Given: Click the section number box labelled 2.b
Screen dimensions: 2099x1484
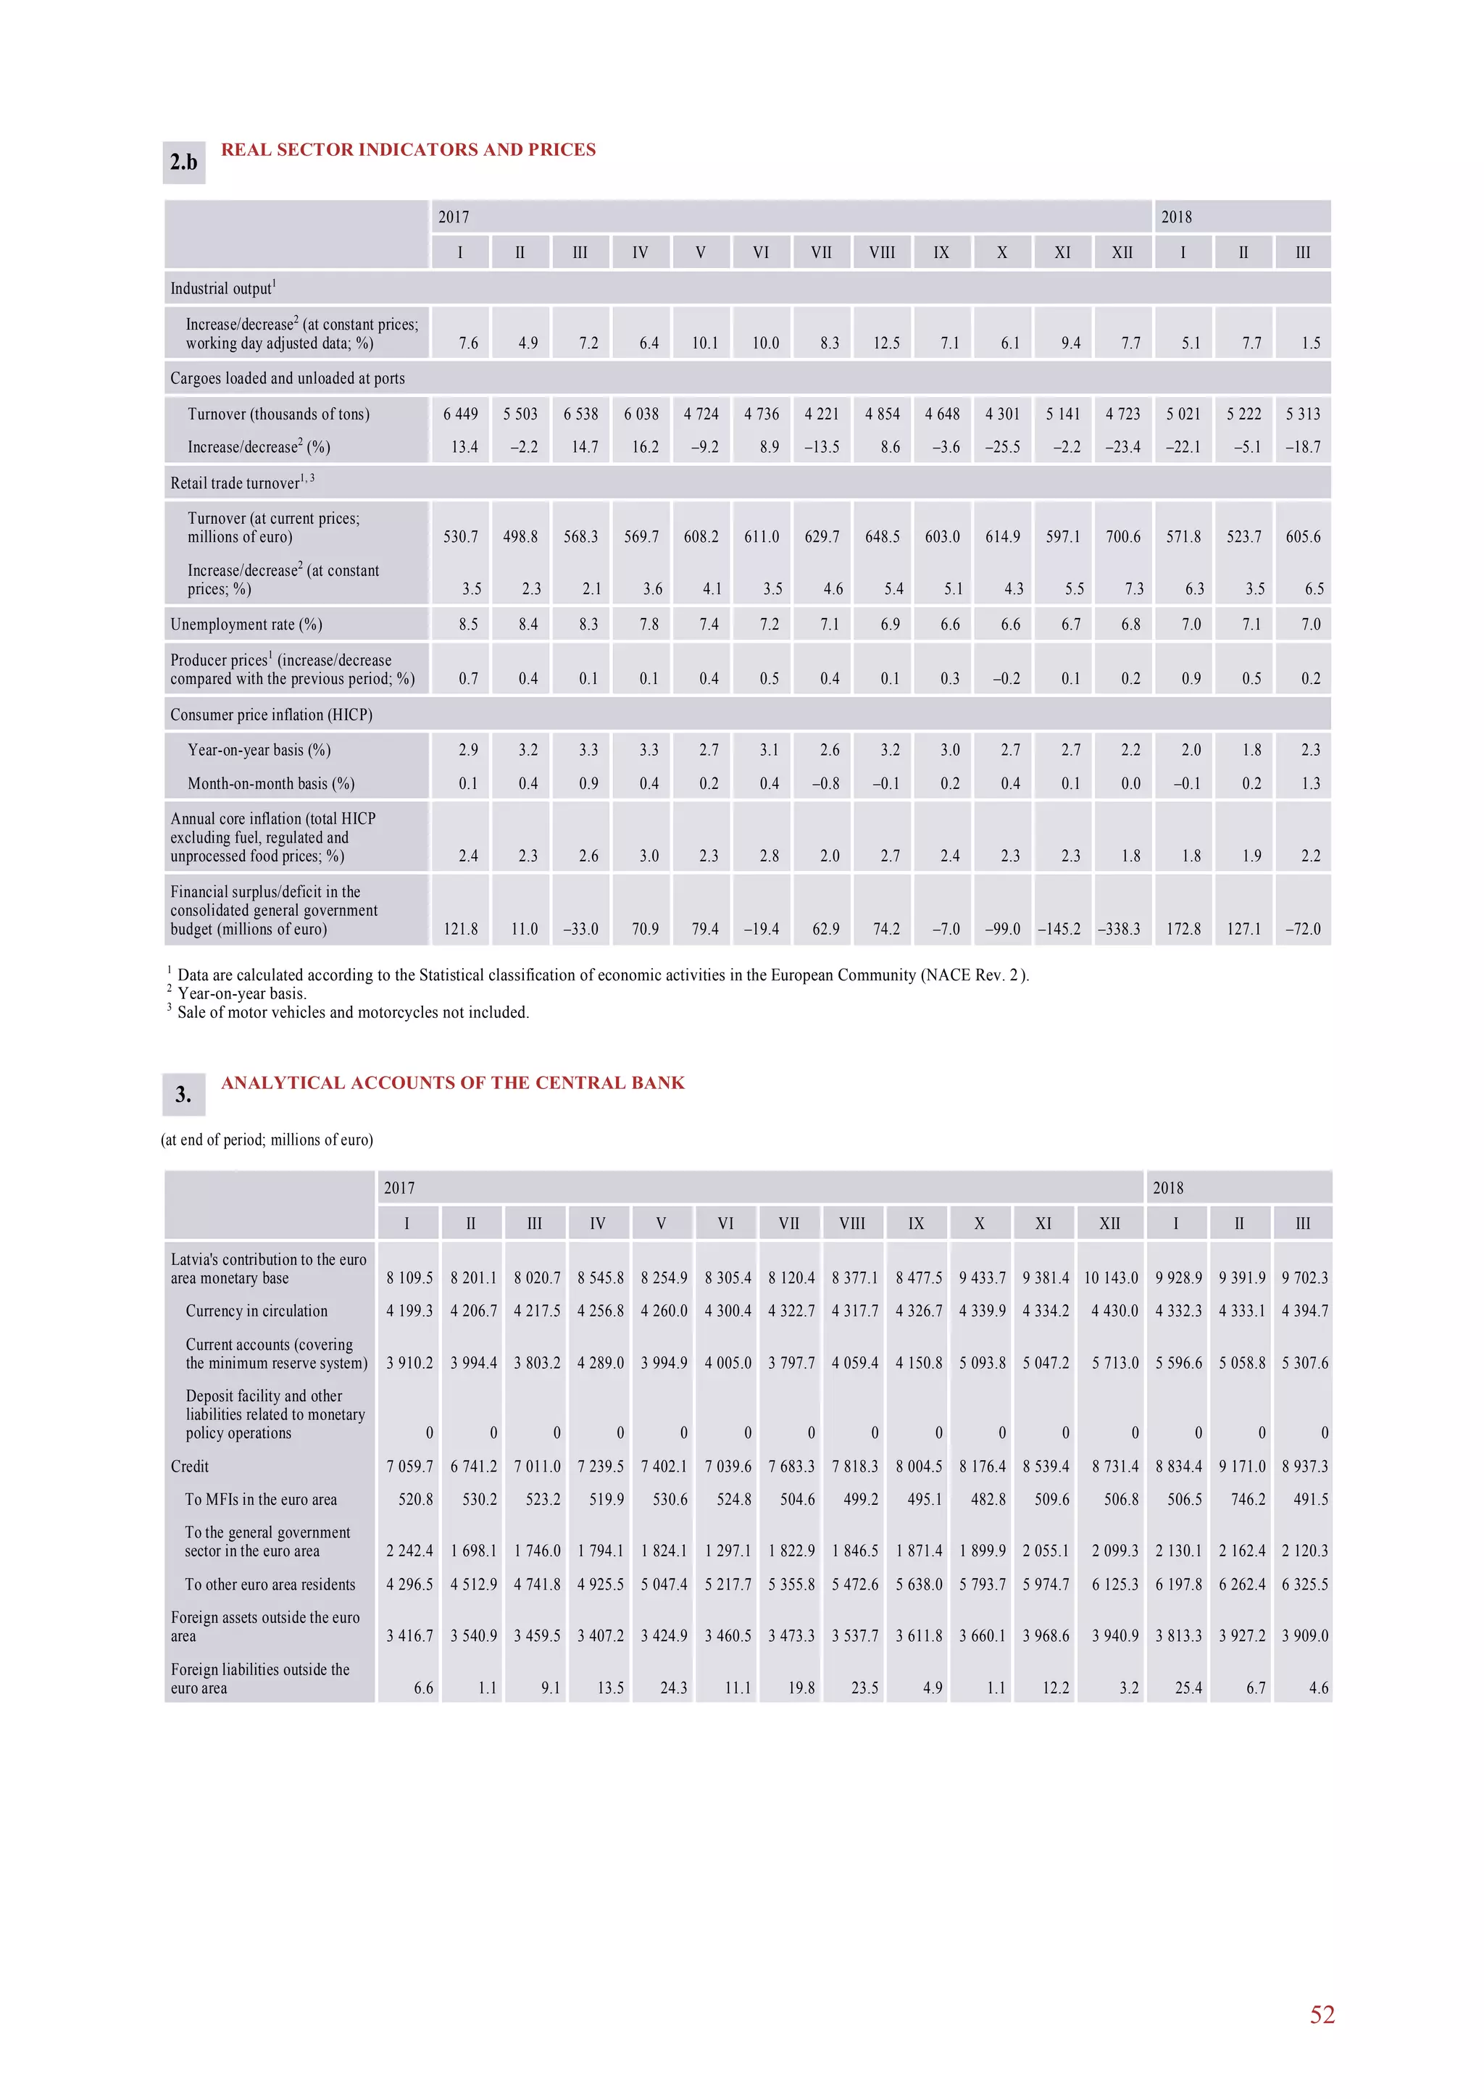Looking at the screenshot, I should pos(184,163).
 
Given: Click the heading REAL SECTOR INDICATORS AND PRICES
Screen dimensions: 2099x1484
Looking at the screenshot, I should pos(408,150).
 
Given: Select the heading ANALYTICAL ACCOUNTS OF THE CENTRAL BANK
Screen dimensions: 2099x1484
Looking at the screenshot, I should pos(453,1083).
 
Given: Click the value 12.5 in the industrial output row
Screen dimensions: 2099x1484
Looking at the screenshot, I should pos(886,343).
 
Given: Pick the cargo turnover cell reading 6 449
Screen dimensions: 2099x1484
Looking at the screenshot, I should pos(461,414).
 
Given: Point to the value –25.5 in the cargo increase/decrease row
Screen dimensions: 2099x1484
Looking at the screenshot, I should pos(1002,447).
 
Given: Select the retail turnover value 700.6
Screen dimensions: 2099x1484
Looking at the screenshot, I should pos(1123,537).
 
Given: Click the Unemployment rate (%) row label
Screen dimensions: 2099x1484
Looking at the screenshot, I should pos(246,625).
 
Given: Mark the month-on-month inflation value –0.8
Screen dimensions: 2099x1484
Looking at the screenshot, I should pos(825,783).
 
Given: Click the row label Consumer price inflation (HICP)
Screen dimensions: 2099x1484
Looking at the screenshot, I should pos(271,715).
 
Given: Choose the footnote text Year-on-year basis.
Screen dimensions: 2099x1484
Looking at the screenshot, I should pos(241,994).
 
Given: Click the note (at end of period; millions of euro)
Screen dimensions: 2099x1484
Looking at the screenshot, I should pos(267,1140).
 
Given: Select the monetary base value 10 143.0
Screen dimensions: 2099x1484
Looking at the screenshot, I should pos(1111,1278).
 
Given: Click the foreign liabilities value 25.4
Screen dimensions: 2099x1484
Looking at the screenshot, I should pos(1188,1687).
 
